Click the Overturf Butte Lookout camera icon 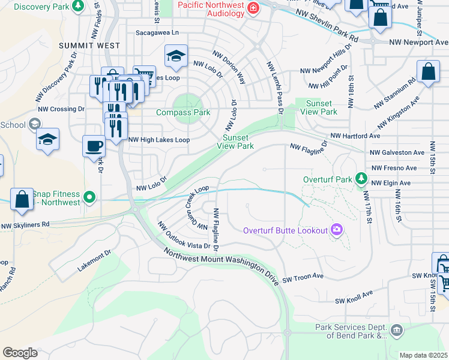click(x=337, y=230)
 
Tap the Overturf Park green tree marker click(x=361, y=178)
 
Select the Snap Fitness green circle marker click(x=89, y=197)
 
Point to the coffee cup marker click(x=94, y=146)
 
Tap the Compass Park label click(x=183, y=112)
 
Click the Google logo click(x=20, y=352)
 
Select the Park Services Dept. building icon click(x=396, y=331)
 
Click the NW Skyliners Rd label click(x=25, y=226)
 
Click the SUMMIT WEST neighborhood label click(x=89, y=46)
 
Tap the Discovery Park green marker click(x=77, y=7)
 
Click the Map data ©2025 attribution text click(x=423, y=355)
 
